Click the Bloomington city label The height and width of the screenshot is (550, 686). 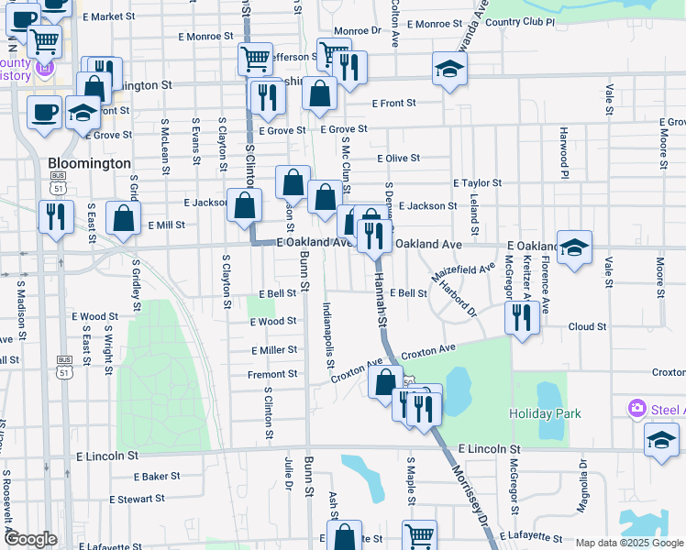tap(89, 163)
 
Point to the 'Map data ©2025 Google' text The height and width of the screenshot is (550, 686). tap(629, 543)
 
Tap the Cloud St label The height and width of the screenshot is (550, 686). tap(587, 326)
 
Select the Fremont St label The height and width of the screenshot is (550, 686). tap(272, 374)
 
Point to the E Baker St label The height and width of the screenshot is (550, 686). tap(157, 477)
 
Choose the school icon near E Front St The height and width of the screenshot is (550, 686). tap(449, 69)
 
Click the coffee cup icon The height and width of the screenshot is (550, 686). tap(44, 113)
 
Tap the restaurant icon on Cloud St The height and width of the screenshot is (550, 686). tap(522, 318)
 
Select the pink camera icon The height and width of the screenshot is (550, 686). tap(636, 408)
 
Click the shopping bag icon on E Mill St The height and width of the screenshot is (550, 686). tap(123, 218)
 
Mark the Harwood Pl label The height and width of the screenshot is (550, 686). tap(565, 158)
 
